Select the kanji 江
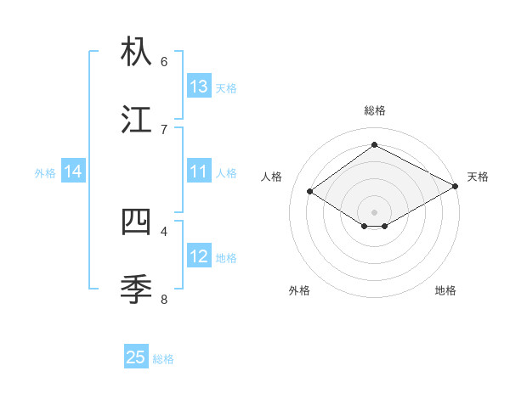137,120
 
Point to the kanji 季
137,289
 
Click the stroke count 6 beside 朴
164,61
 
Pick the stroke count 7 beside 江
164,129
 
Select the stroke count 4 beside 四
164,230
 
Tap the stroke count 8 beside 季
164,299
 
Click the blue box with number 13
199,87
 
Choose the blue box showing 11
199,171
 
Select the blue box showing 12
199,256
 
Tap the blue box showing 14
73,171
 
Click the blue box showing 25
136,357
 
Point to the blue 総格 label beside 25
163,359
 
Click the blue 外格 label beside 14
45,173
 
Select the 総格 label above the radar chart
374,110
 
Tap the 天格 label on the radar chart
478,177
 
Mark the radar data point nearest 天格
456,187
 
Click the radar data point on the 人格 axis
310,192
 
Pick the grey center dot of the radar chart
374,211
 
